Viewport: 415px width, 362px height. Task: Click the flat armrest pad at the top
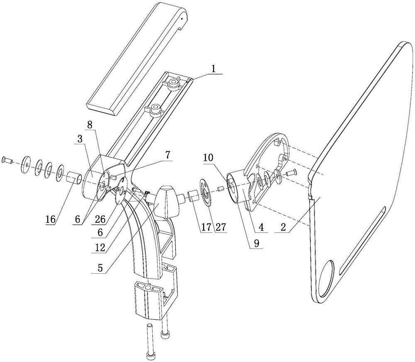(x=137, y=58)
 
